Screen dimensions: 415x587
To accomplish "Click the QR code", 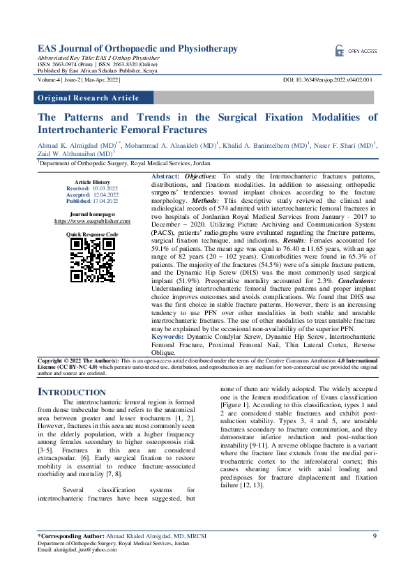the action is tap(93, 259).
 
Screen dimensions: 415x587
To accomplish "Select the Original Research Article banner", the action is tap(89, 98).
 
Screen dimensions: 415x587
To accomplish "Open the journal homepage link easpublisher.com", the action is tap(93, 220).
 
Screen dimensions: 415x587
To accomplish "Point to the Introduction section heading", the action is tap(72, 392).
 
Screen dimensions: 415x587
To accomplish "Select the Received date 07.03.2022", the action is tap(103, 189).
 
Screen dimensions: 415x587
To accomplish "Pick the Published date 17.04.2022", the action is tap(103, 200).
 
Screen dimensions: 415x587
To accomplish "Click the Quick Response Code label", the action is tap(92, 234).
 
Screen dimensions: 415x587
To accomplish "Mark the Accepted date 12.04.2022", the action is tap(103, 195).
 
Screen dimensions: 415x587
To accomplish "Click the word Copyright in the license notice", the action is tap(54, 361).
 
